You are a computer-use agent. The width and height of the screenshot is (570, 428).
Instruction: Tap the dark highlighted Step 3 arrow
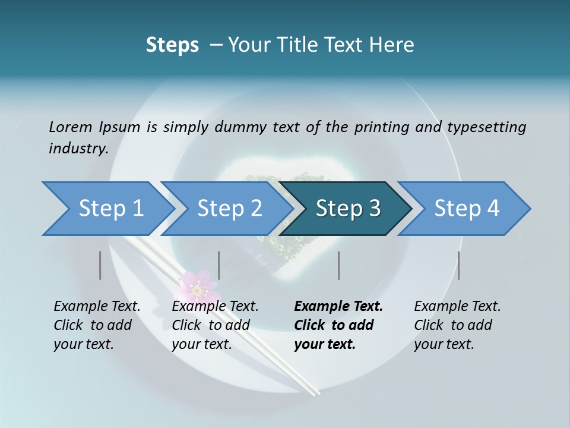tap(347, 209)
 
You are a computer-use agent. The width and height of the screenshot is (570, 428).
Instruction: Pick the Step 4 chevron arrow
tap(465, 209)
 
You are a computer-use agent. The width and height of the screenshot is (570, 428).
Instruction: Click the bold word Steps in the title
tap(172, 45)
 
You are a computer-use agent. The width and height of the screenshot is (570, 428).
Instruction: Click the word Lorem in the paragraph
tap(70, 127)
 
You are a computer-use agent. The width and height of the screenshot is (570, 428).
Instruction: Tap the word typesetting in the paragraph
tap(486, 127)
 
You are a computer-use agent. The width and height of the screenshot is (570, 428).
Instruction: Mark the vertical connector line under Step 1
tap(100, 265)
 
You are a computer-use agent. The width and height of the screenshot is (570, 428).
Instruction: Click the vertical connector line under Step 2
tap(219, 265)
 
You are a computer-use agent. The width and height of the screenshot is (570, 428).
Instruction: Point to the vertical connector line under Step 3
tap(339, 265)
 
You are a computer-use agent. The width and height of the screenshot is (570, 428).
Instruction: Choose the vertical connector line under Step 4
tap(459, 265)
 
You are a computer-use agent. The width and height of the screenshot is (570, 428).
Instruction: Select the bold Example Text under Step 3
tap(338, 307)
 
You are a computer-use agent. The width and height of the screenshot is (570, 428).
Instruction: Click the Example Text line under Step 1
tap(97, 307)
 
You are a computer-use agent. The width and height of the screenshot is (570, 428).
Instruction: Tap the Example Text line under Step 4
tap(457, 307)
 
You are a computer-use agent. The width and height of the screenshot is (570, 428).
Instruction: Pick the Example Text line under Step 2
tap(215, 307)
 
